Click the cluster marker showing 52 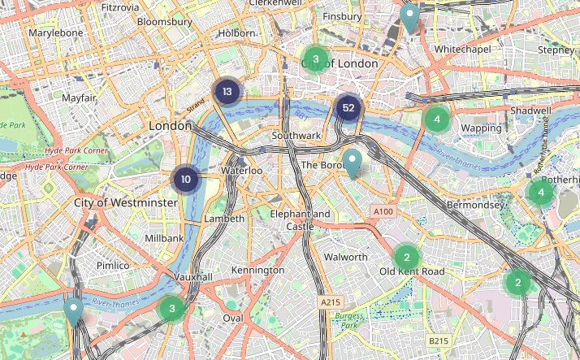tap(348, 108)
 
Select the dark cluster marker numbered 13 tap(227, 92)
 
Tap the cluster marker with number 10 tap(186, 180)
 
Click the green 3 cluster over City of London tap(315, 59)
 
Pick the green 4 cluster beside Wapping tap(437, 119)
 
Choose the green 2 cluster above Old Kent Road tap(406, 257)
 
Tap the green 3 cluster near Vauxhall tap(171, 308)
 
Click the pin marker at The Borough tap(352, 163)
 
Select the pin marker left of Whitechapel tap(410, 17)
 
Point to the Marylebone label tap(56, 33)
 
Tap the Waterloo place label tap(241, 171)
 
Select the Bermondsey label tap(475, 205)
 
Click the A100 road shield tap(383, 211)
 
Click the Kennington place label tap(258, 269)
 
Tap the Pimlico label tap(112, 265)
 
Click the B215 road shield tap(439, 340)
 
